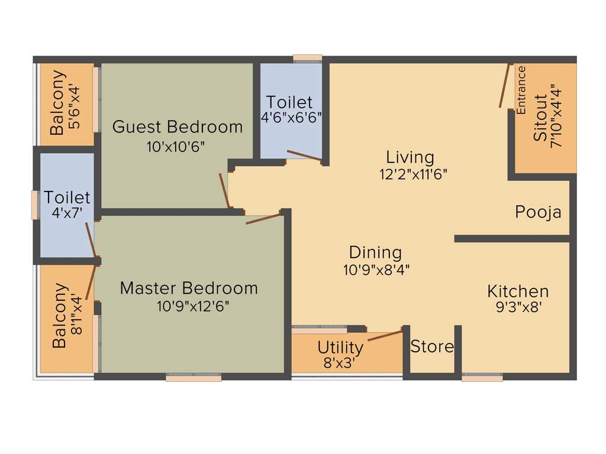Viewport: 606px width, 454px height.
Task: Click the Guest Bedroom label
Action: pyautogui.click(x=178, y=127)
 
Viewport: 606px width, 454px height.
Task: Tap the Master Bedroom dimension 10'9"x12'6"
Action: pyautogui.click(x=193, y=306)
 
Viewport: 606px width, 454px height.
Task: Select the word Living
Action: pyautogui.click(x=410, y=157)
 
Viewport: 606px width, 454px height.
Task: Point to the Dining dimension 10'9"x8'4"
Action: pyautogui.click(x=376, y=270)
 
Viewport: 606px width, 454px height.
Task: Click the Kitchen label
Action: pyautogui.click(x=518, y=291)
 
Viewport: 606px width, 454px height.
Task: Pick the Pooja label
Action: pyautogui.click(x=538, y=212)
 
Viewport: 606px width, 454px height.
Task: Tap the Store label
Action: pyautogui.click(x=432, y=346)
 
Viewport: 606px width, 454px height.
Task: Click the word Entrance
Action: pyautogui.click(x=521, y=90)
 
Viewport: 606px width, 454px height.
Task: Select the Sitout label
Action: pyautogui.click(x=540, y=117)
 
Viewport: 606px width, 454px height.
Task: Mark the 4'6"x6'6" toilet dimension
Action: pyautogui.click(x=291, y=117)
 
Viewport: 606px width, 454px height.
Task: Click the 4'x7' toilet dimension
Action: pyautogui.click(x=66, y=213)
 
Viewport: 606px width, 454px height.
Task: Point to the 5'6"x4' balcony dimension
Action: pyautogui.click(x=73, y=103)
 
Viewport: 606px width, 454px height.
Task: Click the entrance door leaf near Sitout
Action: pyautogui.click(x=504, y=86)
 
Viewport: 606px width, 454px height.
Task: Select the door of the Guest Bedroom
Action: pyautogui.click(x=224, y=190)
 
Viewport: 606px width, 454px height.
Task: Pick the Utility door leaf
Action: pyautogui.click(x=385, y=336)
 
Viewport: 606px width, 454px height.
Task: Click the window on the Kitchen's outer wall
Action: pyautogui.click(x=482, y=377)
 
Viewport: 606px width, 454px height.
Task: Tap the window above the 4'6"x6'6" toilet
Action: pyautogui.click(x=308, y=58)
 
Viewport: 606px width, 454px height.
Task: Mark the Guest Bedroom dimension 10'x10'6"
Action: pyautogui.click(x=176, y=147)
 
